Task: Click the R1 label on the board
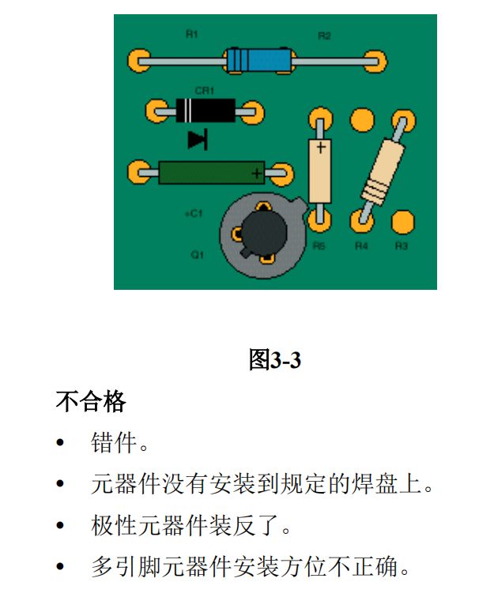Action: point(192,34)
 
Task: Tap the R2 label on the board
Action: point(324,36)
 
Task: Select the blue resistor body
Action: point(260,60)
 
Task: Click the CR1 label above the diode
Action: point(204,91)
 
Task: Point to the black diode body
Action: point(206,111)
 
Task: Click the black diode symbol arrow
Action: point(198,139)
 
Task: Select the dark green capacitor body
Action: point(212,173)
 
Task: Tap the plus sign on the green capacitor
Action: point(257,173)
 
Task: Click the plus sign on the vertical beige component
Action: point(321,147)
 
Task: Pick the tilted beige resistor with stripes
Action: point(383,171)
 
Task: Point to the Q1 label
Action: point(197,255)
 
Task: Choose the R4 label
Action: point(361,246)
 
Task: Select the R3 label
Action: point(402,246)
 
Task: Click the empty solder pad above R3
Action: point(403,222)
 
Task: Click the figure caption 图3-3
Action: point(275,359)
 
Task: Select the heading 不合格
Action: point(91,401)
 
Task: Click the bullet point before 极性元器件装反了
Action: point(60,525)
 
